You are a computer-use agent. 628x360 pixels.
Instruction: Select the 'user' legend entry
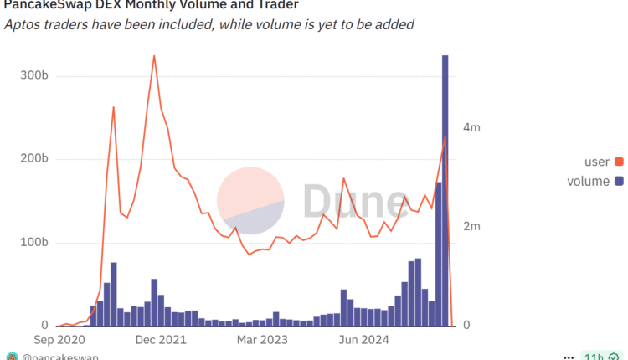pos(596,162)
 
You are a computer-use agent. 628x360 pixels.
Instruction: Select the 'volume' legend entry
pos(588,182)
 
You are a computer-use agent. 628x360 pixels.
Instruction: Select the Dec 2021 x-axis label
pos(159,341)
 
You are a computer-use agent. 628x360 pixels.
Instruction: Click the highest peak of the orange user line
pos(154,57)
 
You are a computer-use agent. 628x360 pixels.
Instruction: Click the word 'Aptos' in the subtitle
pos(23,24)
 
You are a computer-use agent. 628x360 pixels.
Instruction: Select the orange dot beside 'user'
pos(619,162)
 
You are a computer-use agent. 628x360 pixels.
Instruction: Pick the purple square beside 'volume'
pos(619,182)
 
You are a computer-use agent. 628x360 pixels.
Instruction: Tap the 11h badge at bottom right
pos(593,357)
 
